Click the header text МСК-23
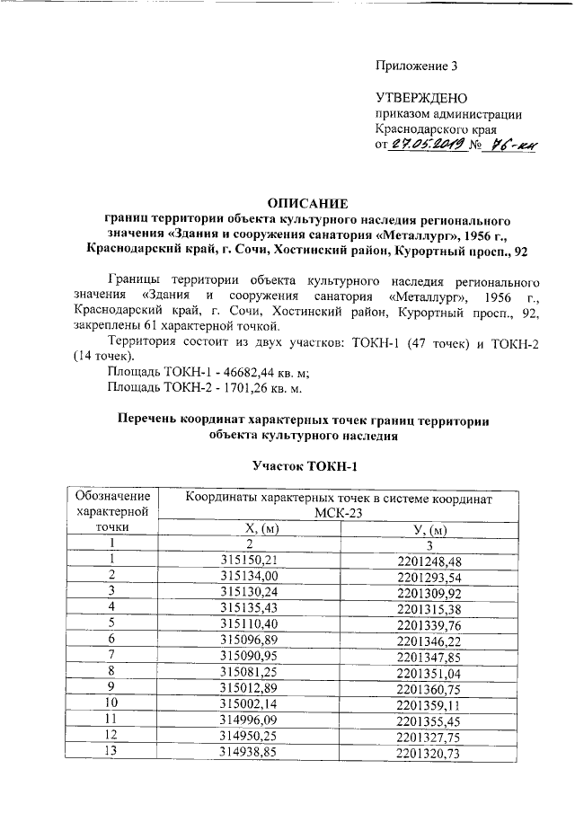tap(339, 512)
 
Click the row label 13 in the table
tap(112, 750)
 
